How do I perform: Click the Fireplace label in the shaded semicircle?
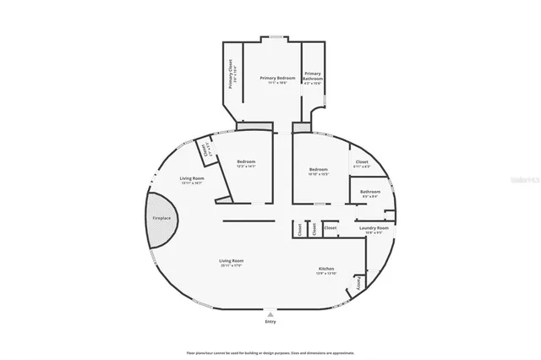[x=161, y=218]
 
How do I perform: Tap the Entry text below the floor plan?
[x=270, y=322]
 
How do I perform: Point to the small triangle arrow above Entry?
[x=270, y=314]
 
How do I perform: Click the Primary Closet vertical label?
[x=231, y=74]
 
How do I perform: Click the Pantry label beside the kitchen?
[x=358, y=283]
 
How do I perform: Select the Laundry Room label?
[x=373, y=227]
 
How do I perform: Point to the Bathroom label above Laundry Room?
[x=370, y=192]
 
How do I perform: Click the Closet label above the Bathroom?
[x=362, y=161]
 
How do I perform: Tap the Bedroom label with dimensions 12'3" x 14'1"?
[x=246, y=161]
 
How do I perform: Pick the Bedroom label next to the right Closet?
[x=318, y=169]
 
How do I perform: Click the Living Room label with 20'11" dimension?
[x=232, y=261]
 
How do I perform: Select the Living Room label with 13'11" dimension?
[x=192, y=178]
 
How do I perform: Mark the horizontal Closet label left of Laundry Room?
[x=331, y=227]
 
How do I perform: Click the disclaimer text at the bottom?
[x=270, y=352]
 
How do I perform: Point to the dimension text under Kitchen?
[x=326, y=274]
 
